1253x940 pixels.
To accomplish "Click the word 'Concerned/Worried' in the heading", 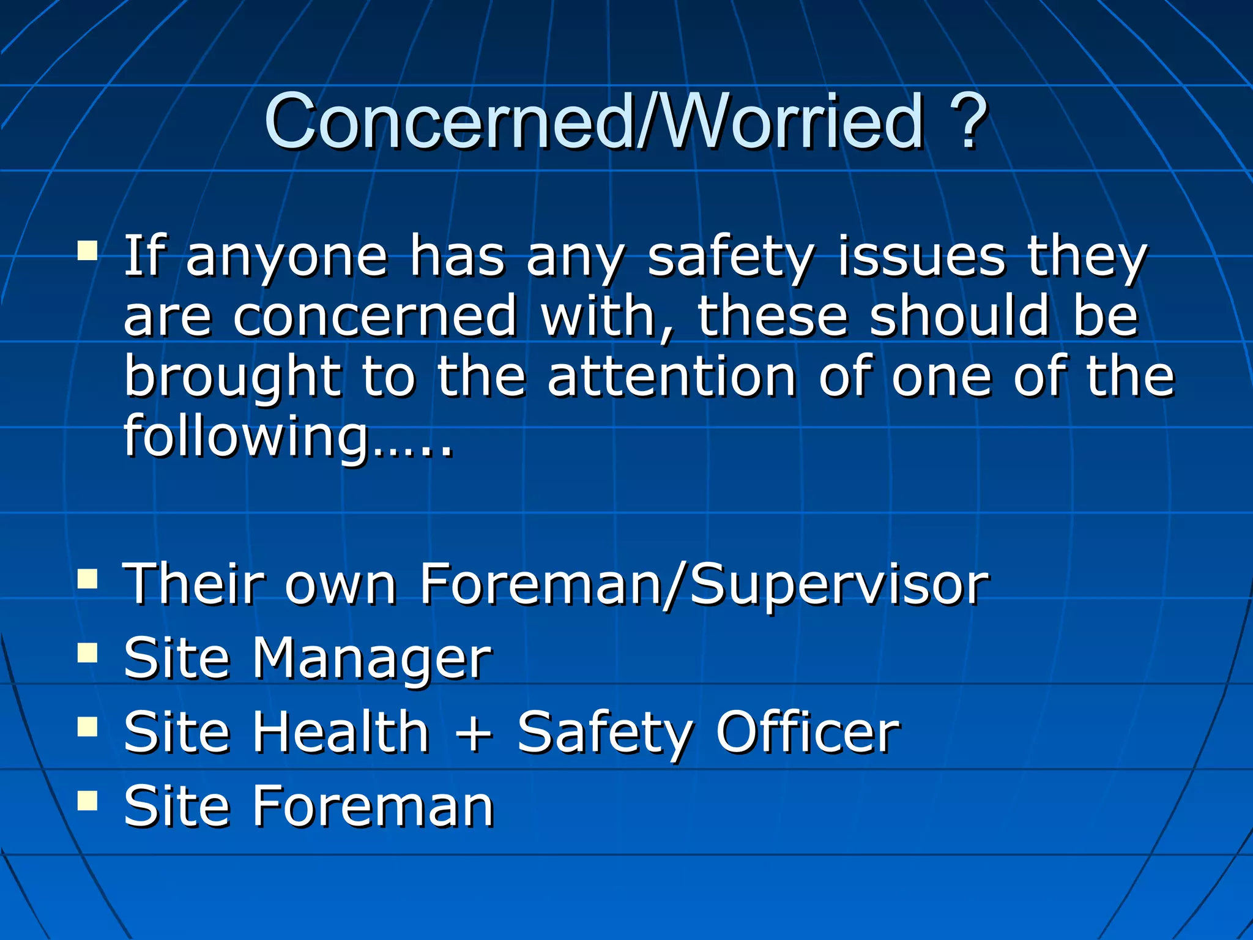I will coord(593,121).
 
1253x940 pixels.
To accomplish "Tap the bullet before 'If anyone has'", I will coord(87,251).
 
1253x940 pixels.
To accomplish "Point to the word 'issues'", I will coord(921,257).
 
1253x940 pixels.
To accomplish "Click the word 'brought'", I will coord(232,378).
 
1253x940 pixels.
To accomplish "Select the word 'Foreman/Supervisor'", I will coord(704,584).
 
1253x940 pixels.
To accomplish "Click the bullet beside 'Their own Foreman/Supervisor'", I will coord(87,578).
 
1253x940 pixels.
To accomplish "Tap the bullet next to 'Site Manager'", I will coord(87,653).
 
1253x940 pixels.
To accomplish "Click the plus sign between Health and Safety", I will coord(474,733).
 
